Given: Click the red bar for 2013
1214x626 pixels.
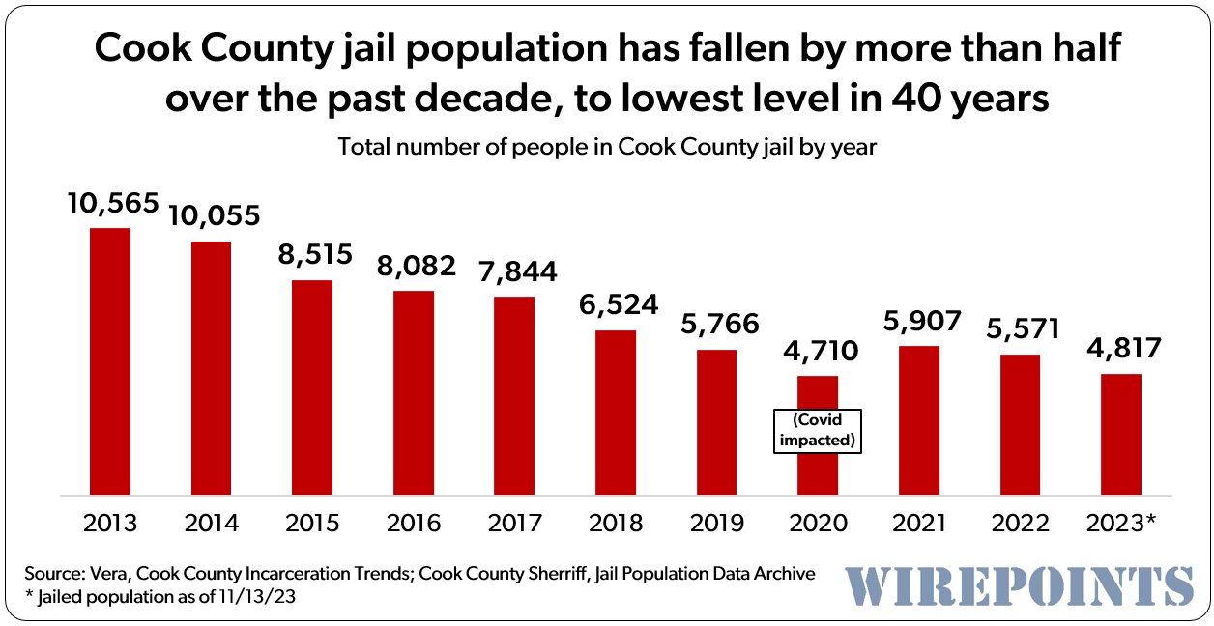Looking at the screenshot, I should pyautogui.click(x=109, y=361).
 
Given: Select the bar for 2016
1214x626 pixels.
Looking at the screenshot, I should pyautogui.click(x=413, y=392).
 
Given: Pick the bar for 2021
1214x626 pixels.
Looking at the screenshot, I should pyautogui.click(x=919, y=420).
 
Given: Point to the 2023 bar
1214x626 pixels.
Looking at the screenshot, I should pyautogui.click(x=1121, y=434).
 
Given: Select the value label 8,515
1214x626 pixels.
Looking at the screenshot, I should pyautogui.click(x=312, y=255).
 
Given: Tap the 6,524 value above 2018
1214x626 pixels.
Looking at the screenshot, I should pyautogui.click(x=615, y=305).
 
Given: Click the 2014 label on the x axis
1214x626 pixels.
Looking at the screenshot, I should pyautogui.click(x=211, y=524).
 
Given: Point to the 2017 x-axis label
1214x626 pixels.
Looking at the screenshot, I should pyautogui.click(x=514, y=524).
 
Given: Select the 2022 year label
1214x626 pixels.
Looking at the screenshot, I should pyautogui.click(x=1020, y=524).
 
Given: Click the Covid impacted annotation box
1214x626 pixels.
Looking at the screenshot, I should pyautogui.click(x=818, y=430).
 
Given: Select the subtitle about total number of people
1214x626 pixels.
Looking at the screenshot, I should pyautogui.click(x=606, y=148).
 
